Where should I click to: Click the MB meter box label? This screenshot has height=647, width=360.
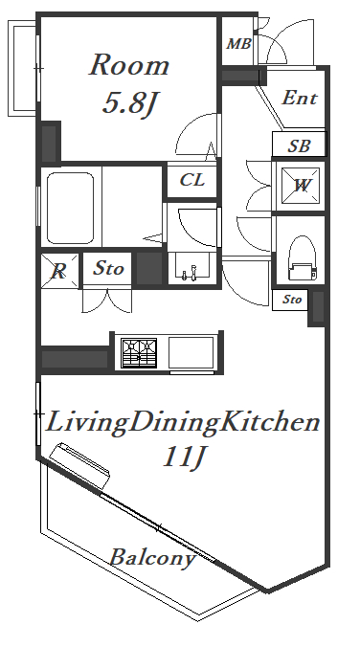[239, 44]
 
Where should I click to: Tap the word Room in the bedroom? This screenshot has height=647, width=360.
[129, 66]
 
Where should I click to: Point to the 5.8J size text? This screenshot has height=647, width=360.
[129, 103]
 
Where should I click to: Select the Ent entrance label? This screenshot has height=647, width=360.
[300, 99]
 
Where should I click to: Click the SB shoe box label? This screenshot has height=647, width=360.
[300, 145]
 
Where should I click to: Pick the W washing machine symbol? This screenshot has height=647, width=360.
[301, 186]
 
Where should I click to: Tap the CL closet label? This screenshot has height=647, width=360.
[192, 180]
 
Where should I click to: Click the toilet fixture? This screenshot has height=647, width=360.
[302, 257]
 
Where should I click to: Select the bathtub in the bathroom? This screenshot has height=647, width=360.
[70, 208]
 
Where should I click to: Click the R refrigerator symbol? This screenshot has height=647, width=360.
[59, 271]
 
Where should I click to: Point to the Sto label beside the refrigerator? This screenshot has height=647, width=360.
[108, 269]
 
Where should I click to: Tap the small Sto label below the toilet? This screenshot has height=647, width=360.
[292, 300]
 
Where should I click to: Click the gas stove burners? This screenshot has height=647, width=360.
[139, 353]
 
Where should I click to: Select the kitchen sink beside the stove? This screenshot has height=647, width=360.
[191, 352]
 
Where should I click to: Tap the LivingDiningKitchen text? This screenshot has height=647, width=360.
[182, 422]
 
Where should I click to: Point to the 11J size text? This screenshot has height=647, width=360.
[184, 457]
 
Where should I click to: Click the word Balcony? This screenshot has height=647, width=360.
[152, 557]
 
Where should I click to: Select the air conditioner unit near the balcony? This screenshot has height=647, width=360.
[79, 465]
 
